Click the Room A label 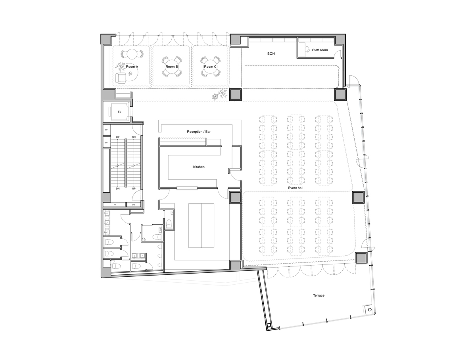132,67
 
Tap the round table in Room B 171,67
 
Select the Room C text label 210,67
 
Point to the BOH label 271,53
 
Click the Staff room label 320,50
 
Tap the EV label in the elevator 119,112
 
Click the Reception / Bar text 202,131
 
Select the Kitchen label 199,167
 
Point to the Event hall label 296,188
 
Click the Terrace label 319,295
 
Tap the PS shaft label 115,205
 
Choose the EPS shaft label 133,205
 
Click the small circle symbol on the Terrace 369,309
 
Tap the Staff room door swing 338,56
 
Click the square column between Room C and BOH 235,94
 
